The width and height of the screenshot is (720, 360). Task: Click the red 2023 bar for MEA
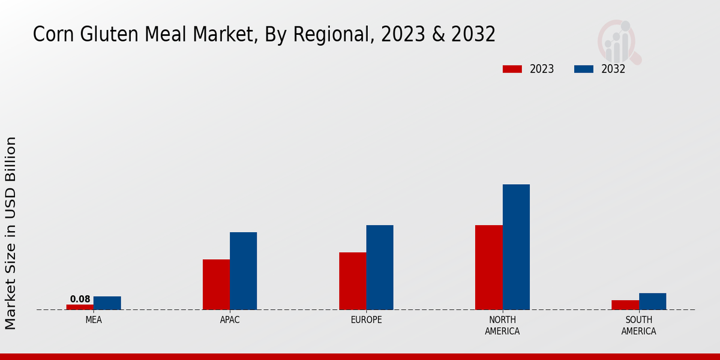pyautogui.click(x=80, y=307)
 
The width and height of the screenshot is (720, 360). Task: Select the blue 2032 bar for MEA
pyautogui.click(x=107, y=303)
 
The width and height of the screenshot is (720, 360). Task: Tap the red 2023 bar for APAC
pyautogui.click(x=216, y=284)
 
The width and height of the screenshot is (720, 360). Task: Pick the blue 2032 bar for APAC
pyautogui.click(x=243, y=271)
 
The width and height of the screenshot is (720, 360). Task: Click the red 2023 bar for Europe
pyautogui.click(x=352, y=281)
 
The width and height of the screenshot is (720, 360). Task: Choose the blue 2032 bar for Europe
pyautogui.click(x=380, y=267)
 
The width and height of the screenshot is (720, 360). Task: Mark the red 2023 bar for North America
pyautogui.click(x=488, y=267)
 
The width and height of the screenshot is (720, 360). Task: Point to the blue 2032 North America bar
pyautogui.click(x=516, y=247)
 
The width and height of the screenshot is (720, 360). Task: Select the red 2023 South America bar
pyautogui.click(x=625, y=305)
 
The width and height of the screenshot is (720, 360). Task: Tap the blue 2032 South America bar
pyautogui.click(x=652, y=301)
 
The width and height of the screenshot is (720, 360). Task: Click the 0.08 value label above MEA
pyautogui.click(x=80, y=299)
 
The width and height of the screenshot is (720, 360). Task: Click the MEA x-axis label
pyautogui.click(x=94, y=320)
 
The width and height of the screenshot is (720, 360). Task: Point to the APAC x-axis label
pyautogui.click(x=230, y=320)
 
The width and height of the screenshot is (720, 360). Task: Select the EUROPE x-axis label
pyautogui.click(x=366, y=320)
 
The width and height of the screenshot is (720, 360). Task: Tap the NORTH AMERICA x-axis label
pyautogui.click(x=502, y=325)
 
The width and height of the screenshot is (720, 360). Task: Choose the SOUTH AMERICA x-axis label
pyautogui.click(x=638, y=325)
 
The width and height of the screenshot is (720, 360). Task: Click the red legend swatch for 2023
pyautogui.click(x=512, y=69)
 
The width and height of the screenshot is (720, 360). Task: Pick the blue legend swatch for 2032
pyautogui.click(x=583, y=69)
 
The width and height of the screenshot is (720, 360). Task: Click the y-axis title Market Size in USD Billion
pyautogui.click(x=11, y=233)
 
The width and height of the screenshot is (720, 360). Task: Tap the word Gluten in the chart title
pyautogui.click(x=112, y=34)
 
